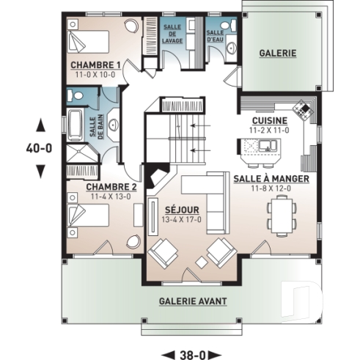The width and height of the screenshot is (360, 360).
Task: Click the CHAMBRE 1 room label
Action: pyautogui.click(x=95, y=65)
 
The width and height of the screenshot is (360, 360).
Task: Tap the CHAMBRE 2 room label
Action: pyautogui.click(x=111, y=187)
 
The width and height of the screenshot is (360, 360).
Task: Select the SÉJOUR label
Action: pyautogui.click(x=182, y=210)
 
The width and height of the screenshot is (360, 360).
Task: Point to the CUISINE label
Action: pyautogui.click(x=270, y=121)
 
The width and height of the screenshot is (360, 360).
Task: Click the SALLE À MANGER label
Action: pyautogui.click(x=271, y=179)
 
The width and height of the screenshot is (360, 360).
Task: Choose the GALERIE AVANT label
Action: pyautogui.click(x=193, y=301)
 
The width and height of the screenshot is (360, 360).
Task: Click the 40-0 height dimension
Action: pyautogui.click(x=39, y=148)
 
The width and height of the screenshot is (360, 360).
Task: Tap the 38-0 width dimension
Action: pyautogui.click(x=193, y=355)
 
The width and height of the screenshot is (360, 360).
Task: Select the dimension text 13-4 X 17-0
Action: pyautogui.click(x=181, y=219)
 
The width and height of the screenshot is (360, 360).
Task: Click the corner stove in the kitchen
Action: pyautogui.click(x=303, y=110)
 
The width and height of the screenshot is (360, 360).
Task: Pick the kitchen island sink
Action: pyautogui.click(x=268, y=146)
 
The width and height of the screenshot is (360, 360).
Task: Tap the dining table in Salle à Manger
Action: pyautogui.click(x=282, y=216)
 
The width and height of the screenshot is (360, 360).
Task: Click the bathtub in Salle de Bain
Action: pyautogui.click(x=75, y=125)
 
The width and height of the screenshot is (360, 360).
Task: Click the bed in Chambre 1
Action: pyautogui.click(x=88, y=42)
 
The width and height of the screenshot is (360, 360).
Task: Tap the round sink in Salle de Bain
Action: pyautogui.click(x=113, y=125)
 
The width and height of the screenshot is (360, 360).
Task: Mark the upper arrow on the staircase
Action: pyautogui.click(x=200, y=125)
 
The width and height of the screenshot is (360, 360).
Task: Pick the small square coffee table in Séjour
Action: pyautogui.click(x=202, y=262)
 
